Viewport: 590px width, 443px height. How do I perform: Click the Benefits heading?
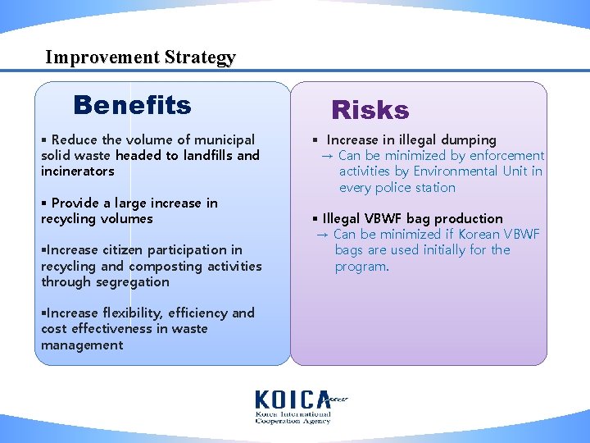point(132,106)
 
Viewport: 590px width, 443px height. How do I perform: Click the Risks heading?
point(370,111)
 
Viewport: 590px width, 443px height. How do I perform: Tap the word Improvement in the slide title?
point(102,57)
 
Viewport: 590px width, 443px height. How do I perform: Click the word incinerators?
point(78,171)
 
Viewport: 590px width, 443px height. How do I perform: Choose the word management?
point(82,345)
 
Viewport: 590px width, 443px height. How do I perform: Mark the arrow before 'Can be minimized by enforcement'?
point(327,156)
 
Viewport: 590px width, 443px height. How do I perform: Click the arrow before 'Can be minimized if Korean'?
point(322,235)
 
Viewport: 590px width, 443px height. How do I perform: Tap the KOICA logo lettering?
point(292,400)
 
